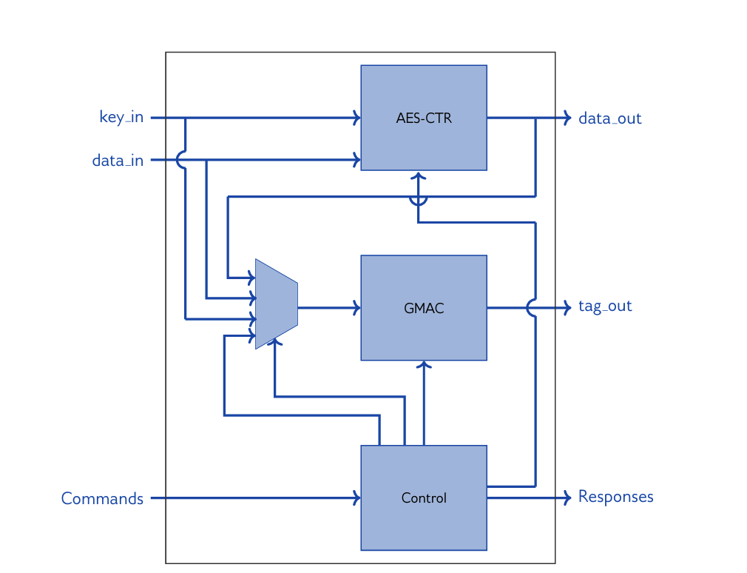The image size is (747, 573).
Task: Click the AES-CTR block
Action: tap(424, 118)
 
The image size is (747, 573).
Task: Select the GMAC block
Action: tap(424, 307)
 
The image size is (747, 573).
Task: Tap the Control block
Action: tap(424, 497)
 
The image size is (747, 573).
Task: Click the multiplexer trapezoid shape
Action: tap(276, 304)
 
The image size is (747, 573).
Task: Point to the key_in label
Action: tap(121, 117)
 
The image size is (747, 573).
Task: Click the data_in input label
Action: tap(118, 160)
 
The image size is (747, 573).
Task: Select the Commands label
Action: tap(102, 498)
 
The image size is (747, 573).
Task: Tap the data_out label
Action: tap(609, 118)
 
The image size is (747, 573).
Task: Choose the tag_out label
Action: tap(605, 306)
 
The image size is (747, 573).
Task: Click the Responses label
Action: tap(615, 496)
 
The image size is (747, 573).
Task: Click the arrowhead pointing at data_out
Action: tap(567, 118)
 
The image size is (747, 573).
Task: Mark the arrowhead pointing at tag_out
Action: tap(567, 306)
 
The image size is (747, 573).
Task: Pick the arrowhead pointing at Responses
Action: tap(567, 497)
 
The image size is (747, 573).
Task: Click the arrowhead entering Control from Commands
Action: tap(357, 497)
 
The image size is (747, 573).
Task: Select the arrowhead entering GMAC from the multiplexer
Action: tap(357, 307)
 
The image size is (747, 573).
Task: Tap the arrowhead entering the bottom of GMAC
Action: tap(424, 364)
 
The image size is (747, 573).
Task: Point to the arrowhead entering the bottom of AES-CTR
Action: tap(419, 175)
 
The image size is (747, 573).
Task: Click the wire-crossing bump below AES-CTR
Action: tap(419, 199)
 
